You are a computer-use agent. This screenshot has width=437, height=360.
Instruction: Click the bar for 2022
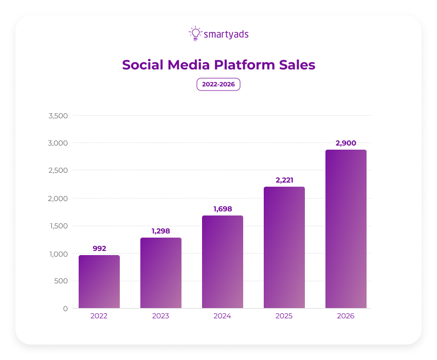click(99, 282)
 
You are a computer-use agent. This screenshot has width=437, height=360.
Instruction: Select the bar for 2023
click(161, 273)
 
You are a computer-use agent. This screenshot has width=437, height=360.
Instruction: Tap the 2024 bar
click(223, 262)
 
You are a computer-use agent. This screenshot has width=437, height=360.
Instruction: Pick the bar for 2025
click(284, 247)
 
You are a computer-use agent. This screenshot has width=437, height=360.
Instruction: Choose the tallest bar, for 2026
click(346, 229)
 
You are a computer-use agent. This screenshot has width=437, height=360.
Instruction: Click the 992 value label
click(99, 248)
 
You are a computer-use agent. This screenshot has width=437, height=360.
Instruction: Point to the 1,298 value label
click(161, 231)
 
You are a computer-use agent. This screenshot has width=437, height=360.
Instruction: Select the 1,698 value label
click(223, 209)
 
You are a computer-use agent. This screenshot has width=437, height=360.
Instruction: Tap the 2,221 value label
click(284, 180)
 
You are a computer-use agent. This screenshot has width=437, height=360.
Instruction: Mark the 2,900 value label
click(346, 143)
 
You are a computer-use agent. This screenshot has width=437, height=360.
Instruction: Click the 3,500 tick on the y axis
click(58, 116)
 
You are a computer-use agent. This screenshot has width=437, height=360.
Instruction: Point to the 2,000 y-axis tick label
click(58, 199)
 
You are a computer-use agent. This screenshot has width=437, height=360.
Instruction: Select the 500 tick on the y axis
click(61, 281)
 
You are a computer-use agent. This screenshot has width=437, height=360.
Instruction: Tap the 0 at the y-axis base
click(65, 309)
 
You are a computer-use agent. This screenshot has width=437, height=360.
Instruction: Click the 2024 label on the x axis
click(223, 316)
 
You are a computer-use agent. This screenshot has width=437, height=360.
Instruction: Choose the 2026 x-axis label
click(346, 316)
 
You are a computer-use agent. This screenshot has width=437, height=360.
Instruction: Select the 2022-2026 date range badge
click(219, 84)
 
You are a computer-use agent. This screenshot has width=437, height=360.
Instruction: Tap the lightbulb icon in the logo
click(195, 33)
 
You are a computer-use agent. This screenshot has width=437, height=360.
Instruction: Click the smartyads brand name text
click(226, 34)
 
